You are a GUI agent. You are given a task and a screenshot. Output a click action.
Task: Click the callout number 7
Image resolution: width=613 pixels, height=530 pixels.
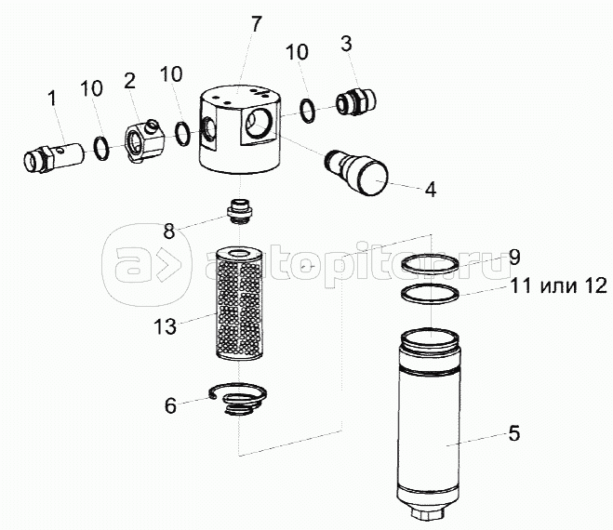256,24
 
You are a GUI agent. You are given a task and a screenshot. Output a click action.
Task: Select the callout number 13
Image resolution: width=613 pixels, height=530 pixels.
165,326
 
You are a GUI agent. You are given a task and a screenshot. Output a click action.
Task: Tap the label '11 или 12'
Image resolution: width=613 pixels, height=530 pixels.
559,285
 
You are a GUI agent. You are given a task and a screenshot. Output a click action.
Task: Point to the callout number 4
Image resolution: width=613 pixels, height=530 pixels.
430,189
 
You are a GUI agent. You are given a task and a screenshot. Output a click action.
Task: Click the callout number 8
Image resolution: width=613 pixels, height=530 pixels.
169,232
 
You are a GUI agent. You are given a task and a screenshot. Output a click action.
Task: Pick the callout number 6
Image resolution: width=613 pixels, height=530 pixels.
170,405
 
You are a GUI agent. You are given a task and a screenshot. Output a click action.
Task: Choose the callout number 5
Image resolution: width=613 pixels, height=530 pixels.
514,433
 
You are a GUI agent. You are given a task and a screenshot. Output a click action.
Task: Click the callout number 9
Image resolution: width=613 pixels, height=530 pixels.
515,258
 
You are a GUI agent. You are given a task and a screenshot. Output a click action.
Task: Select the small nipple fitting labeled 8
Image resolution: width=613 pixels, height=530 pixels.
240,211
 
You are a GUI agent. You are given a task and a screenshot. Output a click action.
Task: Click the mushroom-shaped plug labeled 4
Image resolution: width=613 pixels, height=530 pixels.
356,172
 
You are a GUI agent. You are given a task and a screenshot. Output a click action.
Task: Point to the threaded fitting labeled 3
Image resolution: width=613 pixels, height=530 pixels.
356,102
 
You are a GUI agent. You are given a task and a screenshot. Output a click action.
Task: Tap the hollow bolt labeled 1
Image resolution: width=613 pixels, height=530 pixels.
54,157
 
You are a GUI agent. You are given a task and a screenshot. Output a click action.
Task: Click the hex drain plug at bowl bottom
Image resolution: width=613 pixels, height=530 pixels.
429,513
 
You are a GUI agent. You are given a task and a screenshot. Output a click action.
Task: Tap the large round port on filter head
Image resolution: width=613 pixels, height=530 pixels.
259,124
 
